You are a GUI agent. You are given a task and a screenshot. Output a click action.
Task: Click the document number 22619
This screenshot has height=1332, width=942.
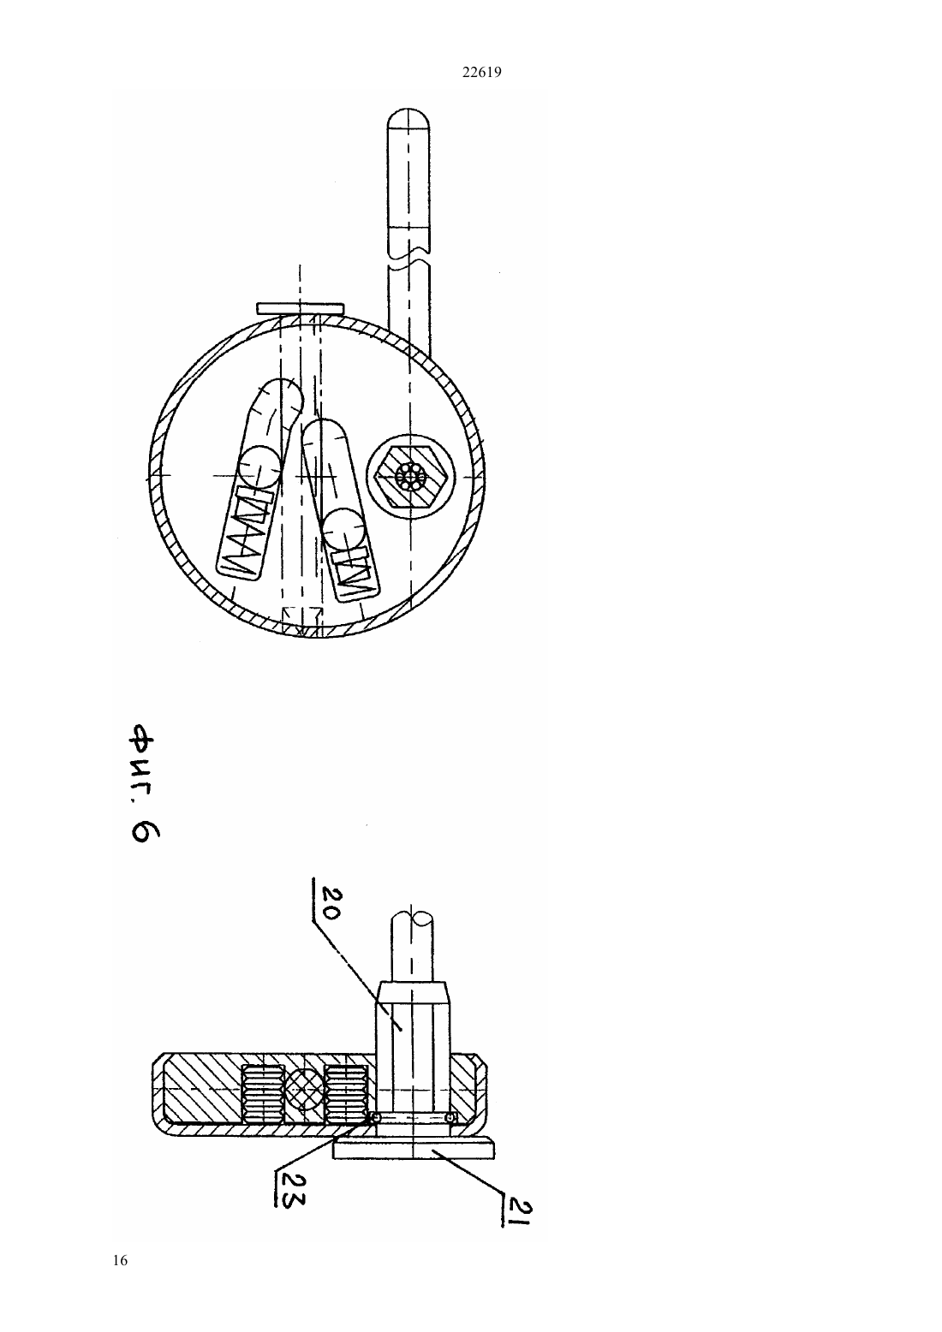point(481,73)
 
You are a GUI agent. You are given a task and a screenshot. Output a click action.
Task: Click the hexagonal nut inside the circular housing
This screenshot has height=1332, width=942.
point(411,476)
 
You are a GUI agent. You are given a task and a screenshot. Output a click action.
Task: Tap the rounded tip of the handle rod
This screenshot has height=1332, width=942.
point(408,119)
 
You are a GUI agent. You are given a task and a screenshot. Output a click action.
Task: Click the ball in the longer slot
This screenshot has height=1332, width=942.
point(259,467)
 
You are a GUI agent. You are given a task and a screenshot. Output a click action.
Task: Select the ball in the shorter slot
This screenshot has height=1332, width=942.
point(343,529)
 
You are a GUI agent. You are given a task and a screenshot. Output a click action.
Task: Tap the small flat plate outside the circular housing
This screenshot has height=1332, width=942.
point(301,309)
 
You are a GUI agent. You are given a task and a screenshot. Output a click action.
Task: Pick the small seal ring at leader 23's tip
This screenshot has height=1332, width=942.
point(375,1118)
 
